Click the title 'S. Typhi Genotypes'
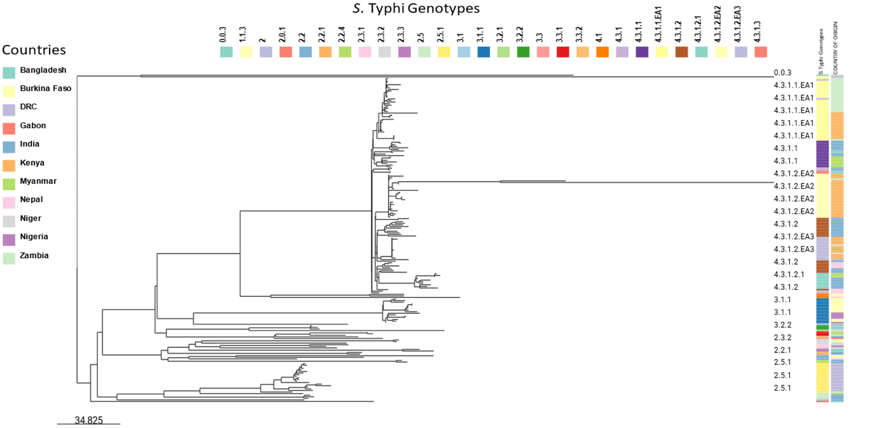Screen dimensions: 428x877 (416, 9)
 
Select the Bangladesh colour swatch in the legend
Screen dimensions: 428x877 (9, 72)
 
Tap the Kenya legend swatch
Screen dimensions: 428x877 (9, 165)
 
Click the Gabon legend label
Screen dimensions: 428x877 (32, 126)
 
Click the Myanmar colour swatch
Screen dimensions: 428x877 (9, 184)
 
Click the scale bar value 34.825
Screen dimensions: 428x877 (88, 420)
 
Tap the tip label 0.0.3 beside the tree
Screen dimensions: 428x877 (782, 73)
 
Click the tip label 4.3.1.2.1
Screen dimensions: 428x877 (789, 274)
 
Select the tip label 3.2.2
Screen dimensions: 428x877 (782, 324)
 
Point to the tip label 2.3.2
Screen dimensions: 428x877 (782, 337)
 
